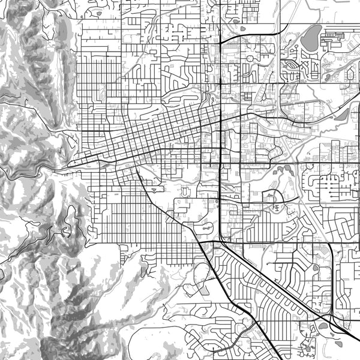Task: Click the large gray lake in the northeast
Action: (x=311, y=39)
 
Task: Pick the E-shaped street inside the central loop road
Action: (x=276, y=206)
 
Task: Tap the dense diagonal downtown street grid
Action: (x=162, y=132)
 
